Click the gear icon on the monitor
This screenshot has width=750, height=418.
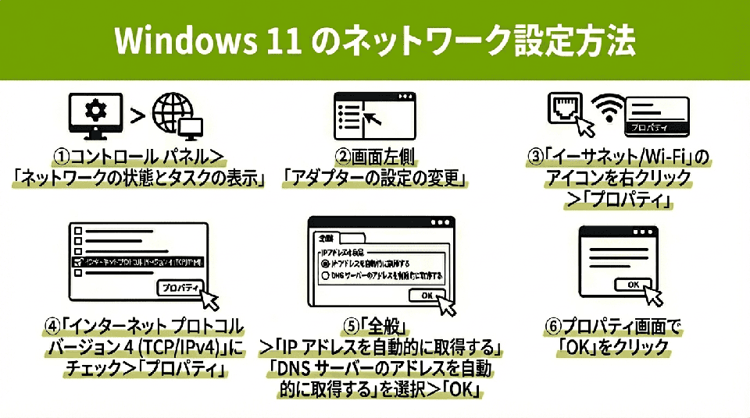95,112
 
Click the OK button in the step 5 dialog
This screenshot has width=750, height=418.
427,296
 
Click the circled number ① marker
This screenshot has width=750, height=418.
61,157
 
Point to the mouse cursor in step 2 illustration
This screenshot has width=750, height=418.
374,118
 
